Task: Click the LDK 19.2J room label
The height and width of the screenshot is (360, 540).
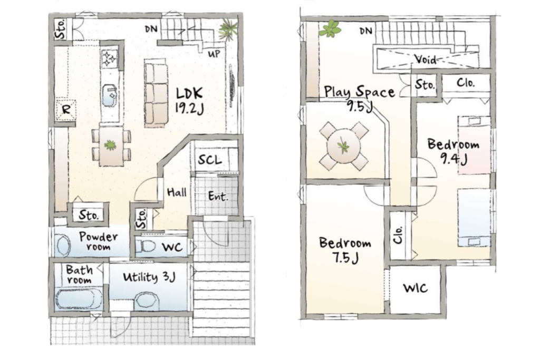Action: point(190,101)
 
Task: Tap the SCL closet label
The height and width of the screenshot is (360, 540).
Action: point(210,160)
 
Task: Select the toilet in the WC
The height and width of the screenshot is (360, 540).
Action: point(146,247)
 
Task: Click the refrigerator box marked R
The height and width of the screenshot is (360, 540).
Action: point(66,110)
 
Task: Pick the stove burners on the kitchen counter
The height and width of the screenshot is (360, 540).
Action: point(109,58)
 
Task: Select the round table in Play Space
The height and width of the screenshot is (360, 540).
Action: point(344,146)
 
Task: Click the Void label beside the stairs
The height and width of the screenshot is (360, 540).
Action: point(426,59)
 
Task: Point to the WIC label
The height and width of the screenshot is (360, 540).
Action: point(416,288)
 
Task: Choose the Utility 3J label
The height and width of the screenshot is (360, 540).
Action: point(149,277)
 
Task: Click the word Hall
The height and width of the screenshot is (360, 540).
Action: point(177,192)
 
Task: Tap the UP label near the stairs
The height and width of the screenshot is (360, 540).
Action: point(214,54)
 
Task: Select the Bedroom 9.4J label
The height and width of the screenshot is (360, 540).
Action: point(453,151)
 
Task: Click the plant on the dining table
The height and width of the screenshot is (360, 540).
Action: point(110,145)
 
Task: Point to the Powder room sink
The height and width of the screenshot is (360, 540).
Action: point(63,246)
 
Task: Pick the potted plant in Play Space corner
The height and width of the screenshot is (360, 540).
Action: point(330,29)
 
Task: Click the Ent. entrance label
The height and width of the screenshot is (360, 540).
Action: point(218,196)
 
